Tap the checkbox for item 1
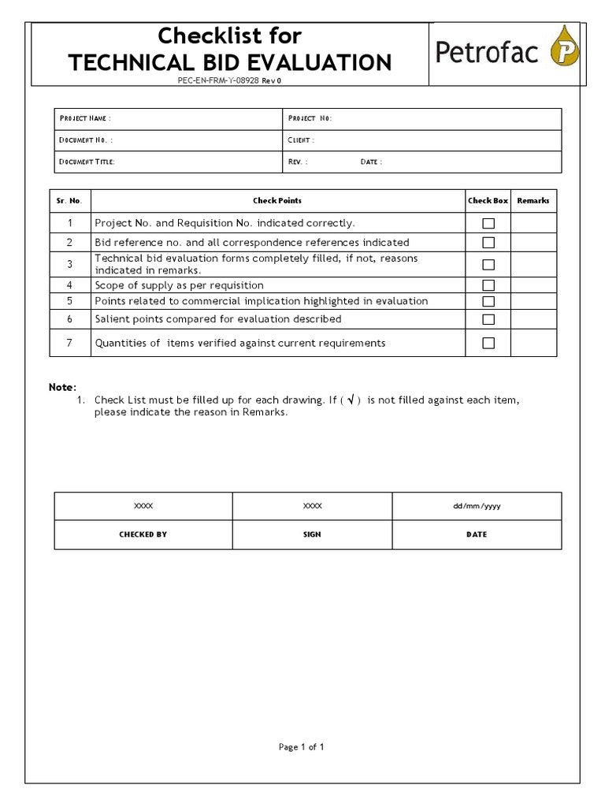point(488,224)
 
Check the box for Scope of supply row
point(488,285)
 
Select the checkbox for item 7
point(488,343)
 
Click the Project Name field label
point(85,118)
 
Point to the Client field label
point(301,140)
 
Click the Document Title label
point(87,162)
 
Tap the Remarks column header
point(533,201)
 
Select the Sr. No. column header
point(69,201)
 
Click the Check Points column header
point(277,201)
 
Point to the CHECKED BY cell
point(143,534)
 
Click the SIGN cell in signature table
point(312,534)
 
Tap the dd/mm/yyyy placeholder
point(477,506)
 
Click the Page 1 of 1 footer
point(302,747)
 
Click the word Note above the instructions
point(62,387)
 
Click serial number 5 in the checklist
point(69,301)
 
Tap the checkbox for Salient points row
point(488,319)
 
